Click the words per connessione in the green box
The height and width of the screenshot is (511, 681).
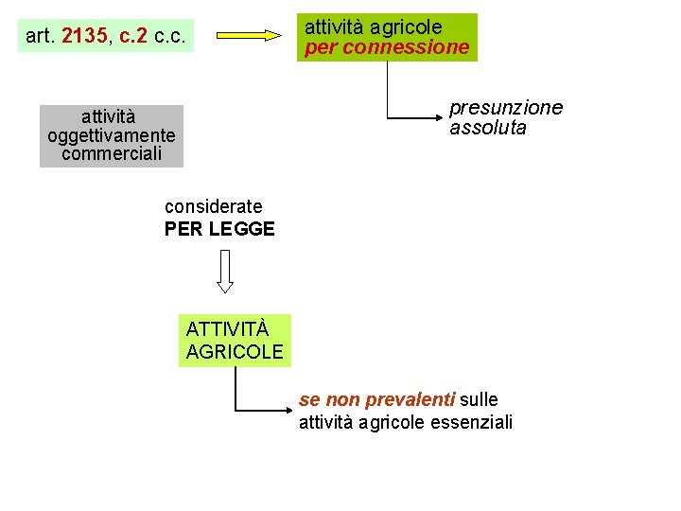387,47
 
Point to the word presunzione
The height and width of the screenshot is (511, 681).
505,108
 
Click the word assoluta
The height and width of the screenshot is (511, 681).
488,128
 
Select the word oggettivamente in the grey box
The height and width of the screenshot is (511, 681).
112,135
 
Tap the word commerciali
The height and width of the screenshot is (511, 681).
112,153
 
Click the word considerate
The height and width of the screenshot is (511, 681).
214,206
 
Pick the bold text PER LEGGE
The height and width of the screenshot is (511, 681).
219,229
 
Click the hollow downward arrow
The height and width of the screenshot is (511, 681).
225,271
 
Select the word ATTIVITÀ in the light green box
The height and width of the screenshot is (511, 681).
227,329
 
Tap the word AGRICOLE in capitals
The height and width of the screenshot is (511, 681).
235,352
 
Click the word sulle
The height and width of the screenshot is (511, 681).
479,400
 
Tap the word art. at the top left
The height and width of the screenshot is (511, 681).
40,37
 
